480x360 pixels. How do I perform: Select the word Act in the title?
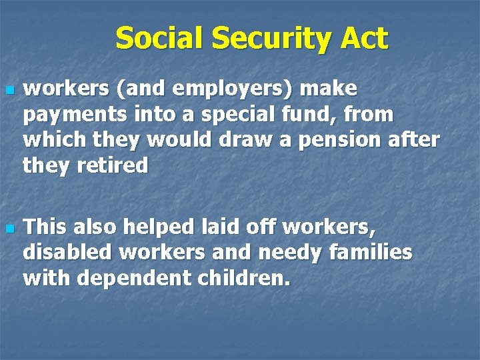click(364, 39)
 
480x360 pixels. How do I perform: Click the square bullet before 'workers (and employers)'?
click(9, 89)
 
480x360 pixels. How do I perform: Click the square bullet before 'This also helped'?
click(9, 229)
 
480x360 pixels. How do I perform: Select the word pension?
click(359, 141)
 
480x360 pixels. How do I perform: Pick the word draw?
click(247, 141)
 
